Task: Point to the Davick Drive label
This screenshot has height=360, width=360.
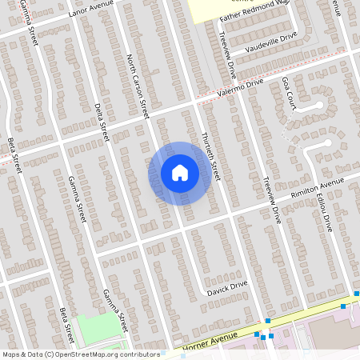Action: tap(229, 287)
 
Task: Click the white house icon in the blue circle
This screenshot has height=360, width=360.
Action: tap(180, 172)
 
